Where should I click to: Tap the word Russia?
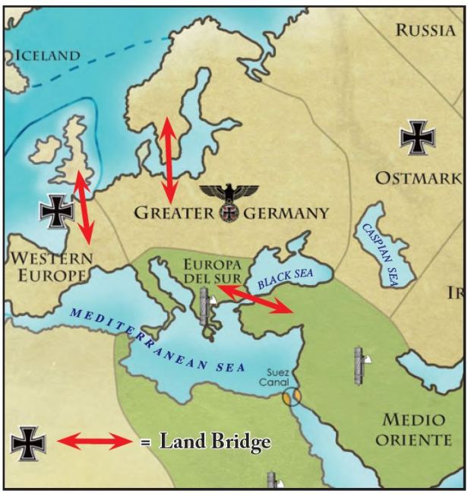point(428,30)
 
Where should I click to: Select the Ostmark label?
point(418,179)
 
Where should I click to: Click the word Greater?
point(174,214)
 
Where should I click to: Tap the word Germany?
point(286,214)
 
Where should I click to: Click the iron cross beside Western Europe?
point(57,211)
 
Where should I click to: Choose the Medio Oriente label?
point(413,430)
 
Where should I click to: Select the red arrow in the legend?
point(95,441)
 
